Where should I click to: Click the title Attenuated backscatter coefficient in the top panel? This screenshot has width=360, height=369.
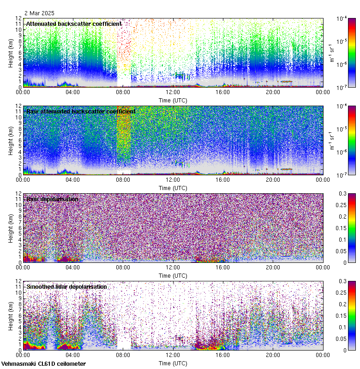[x=74, y=24]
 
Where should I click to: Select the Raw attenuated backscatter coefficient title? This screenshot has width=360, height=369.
[x=81, y=111]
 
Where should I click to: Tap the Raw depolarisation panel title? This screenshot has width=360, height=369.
[x=52, y=199]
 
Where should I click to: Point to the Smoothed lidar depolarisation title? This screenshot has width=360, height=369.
[x=66, y=286]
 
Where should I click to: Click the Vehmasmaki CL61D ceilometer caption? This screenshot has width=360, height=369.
[x=43, y=364]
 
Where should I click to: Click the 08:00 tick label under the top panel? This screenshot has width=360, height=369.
[x=123, y=92]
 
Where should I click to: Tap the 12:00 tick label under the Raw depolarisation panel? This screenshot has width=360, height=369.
[x=173, y=267]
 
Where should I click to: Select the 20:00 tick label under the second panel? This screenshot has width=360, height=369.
[x=273, y=179]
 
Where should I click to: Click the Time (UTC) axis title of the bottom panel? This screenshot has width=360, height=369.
[x=173, y=363]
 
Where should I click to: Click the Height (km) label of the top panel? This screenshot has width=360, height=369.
[x=11, y=53]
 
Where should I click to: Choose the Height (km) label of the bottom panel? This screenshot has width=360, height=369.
[x=11, y=315]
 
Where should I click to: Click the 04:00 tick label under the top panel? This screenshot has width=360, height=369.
[x=73, y=92]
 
